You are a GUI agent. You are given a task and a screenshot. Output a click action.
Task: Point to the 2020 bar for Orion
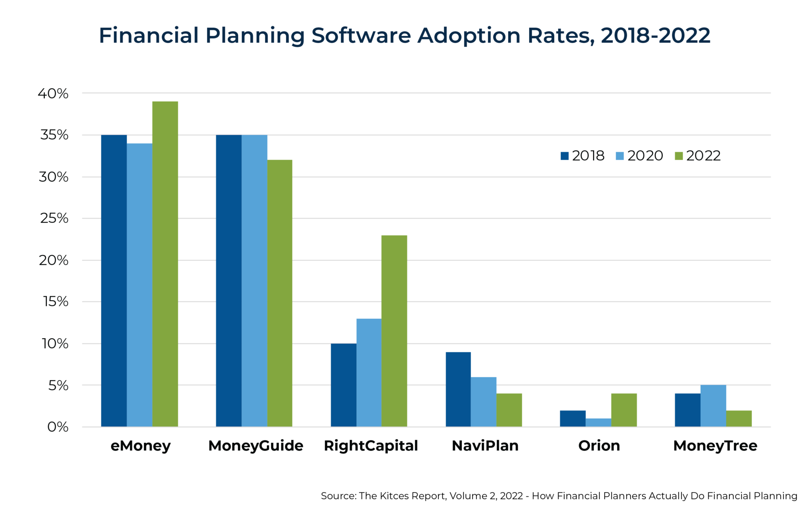coord(598,422)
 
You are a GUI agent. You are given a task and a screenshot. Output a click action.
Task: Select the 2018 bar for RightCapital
coord(343,385)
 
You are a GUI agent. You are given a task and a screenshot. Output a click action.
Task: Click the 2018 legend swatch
coord(565,156)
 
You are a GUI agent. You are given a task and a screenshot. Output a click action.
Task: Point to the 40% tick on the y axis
coord(53,93)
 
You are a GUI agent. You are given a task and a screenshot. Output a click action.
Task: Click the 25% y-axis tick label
coord(54,218)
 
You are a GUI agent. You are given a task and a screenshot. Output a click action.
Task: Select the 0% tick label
coord(58,427)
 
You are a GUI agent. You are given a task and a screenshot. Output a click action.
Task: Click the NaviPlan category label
coord(485,445)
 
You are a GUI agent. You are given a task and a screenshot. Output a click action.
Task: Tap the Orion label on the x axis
coord(599,445)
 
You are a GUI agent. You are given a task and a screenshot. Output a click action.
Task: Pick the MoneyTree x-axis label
coord(715,445)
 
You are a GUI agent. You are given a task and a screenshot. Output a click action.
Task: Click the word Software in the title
coord(361,36)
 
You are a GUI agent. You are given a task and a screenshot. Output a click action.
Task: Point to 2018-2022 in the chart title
coord(655,36)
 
